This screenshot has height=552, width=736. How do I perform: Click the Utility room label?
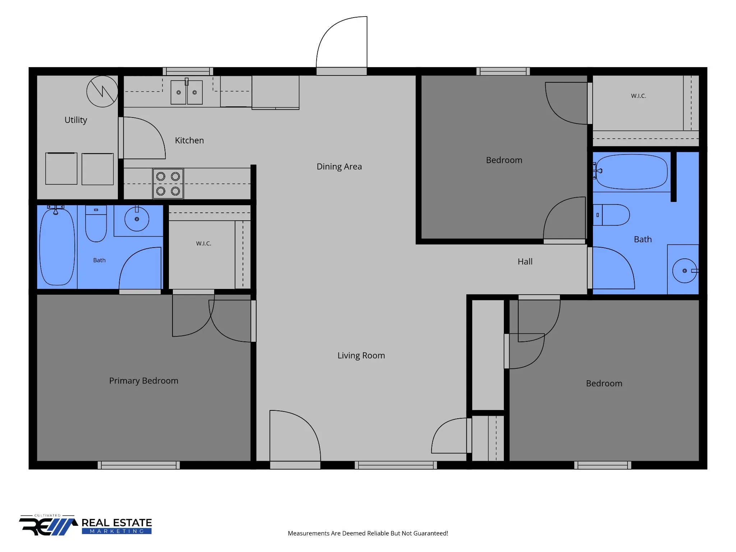click(x=76, y=120)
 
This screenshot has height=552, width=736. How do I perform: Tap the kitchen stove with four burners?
click(x=168, y=184)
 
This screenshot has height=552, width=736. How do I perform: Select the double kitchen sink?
click(x=187, y=92)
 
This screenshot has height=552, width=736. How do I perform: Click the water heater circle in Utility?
click(x=102, y=91)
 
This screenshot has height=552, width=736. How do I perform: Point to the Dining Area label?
click(x=339, y=167)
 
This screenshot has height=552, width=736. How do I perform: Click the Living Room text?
click(x=361, y=356)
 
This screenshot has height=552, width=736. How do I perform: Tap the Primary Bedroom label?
click(x=144, y=381)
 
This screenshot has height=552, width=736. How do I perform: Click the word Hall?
click(x=525, y=262)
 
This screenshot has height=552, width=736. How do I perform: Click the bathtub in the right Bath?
click(x=632, y=172)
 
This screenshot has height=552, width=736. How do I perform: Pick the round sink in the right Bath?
click(x=685, y=271)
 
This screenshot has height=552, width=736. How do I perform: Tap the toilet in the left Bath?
click(x=96, y=224)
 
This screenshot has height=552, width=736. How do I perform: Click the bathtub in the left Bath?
click(x=57, y=247)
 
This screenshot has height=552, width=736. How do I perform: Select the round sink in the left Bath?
click(x=137, y=219)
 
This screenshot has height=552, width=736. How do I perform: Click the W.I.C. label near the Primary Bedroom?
click(x=204, y=244)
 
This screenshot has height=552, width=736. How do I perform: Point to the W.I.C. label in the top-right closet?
click(x=639, y=96)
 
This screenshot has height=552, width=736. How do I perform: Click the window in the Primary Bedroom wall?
click(x=139, y=465)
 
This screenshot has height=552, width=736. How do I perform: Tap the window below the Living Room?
click(x=396, y=465)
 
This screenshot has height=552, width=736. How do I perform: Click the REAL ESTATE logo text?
click(x=117, y=523)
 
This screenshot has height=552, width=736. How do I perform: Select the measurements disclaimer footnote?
click(x=368, y=533)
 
